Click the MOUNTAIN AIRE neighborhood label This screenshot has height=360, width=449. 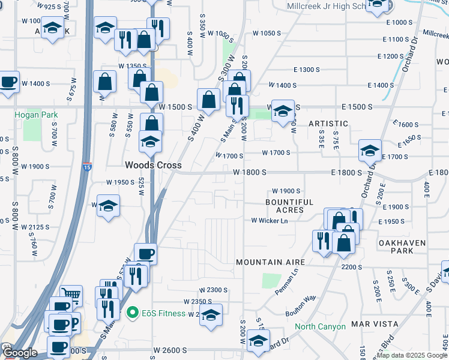(271, 262)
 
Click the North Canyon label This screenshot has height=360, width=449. (320, 327)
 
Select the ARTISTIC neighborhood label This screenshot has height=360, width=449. (328, 123)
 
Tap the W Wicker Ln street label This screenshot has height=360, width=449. (270, 221)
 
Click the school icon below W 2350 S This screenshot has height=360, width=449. (211, 314)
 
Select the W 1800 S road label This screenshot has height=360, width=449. (250, 172)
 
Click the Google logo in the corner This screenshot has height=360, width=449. (19, 353)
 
